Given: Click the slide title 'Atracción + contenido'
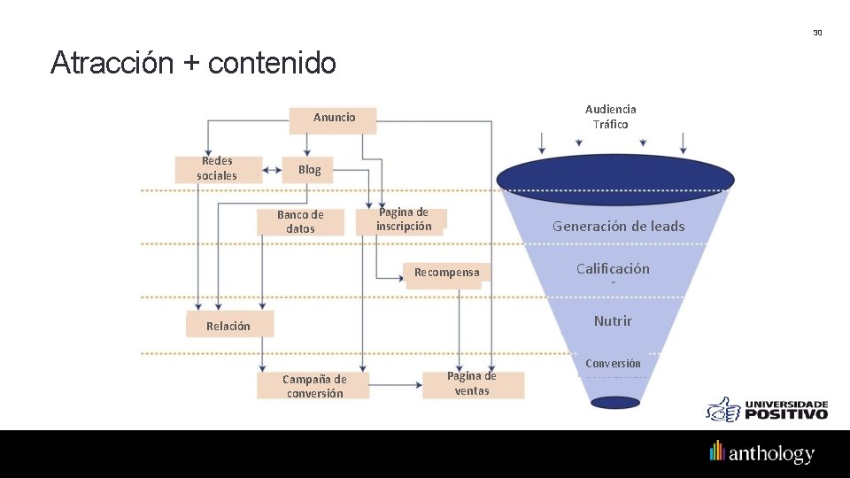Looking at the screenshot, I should click(x=193, y=64).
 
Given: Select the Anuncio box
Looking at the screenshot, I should click(x=334, y=119).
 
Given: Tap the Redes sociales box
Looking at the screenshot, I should click(x=218, y=168).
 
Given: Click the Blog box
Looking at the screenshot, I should click(x=309, y=170).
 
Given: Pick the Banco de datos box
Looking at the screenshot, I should click(x=300, y=221).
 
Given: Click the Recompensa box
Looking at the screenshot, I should click(x=447, y=274).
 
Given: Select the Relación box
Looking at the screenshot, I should click(x=228, y=326).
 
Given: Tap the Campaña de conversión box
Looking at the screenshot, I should click(x=314, y=386).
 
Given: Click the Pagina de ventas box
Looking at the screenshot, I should click(x=472, y=383).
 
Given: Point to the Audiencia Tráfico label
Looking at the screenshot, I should click(x=611, y=117).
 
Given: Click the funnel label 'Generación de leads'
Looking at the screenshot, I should click(x=618, y=227).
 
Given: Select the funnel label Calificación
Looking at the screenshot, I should click(x=613, y=269).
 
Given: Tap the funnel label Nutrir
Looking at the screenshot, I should click(x=613, y=320).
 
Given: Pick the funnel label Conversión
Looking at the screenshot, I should click(x=613, y=364).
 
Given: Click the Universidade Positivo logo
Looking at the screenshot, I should click(x=767, y=409).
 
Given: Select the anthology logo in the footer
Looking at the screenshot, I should click(x=761, y=453).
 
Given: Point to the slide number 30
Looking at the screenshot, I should click(x=817, y=33).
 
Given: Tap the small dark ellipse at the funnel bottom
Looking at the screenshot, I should click(x=615, y=403).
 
